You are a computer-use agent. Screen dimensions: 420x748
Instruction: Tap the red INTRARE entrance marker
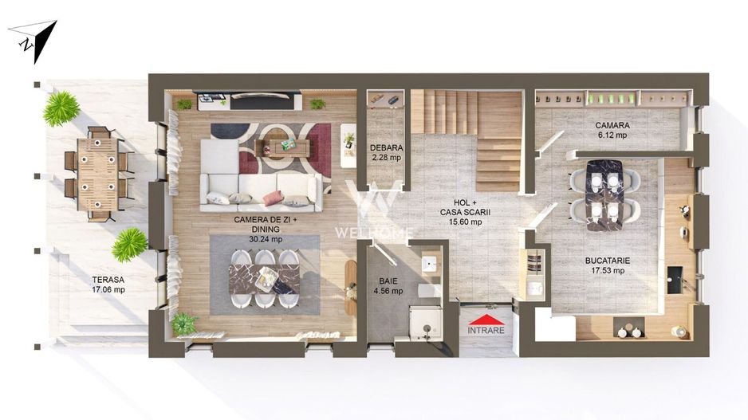point(486,324)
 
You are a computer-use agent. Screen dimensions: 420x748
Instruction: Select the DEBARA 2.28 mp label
point(386,152)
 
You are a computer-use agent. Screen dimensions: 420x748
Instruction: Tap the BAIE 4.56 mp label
point(388,286)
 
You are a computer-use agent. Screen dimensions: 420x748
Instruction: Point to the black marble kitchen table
point(604,194)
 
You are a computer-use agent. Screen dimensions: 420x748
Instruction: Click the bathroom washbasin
point(430,264)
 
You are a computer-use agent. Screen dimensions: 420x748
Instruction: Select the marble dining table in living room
point(264,279)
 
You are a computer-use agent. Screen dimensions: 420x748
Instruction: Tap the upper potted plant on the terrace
point(61,108)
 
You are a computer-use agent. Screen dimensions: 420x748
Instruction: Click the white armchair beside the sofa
point(348,144)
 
